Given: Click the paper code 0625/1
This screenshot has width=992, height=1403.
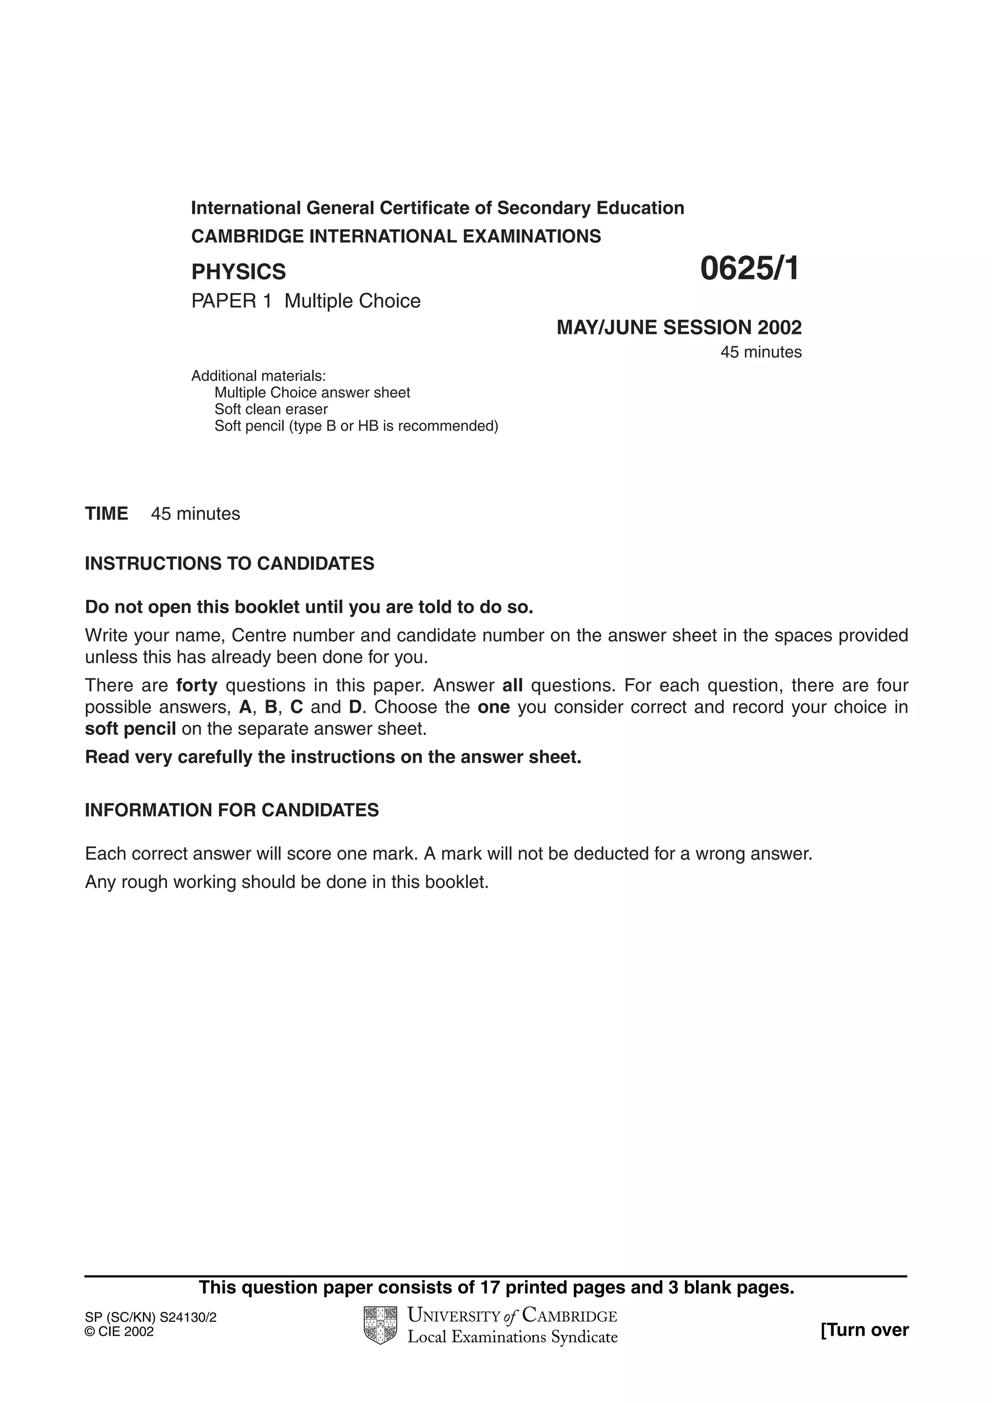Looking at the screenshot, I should pos(749,269).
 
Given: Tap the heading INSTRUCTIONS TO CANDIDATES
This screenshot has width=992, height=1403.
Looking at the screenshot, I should pos(229,564).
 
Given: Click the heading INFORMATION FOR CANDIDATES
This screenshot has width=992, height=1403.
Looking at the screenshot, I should pos(232,810).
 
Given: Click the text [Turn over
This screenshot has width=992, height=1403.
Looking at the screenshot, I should pos(864,1330).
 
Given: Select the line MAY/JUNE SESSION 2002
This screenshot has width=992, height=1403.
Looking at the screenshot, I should pos(679,328).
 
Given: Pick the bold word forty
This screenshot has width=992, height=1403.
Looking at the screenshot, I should pos(197,686).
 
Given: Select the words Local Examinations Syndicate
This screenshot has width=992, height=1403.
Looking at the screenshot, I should pos(512,1337).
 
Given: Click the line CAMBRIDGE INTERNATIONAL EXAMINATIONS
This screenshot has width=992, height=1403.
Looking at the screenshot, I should pos(396,236).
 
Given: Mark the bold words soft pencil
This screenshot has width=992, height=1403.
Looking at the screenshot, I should pos(130,729).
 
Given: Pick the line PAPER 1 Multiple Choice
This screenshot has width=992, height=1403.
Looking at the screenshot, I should pos(306,301).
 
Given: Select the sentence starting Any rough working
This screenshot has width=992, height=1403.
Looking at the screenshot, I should pos(287,883).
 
